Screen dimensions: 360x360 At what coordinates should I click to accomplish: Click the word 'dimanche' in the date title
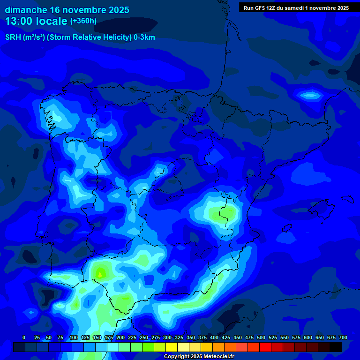click(x=25, y=10)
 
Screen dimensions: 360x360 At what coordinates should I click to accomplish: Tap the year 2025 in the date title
click(x=116, y=10)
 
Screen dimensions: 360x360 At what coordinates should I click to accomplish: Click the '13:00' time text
click(x=20, y=21)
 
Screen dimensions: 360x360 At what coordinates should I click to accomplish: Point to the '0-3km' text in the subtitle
click(x=144, y=37)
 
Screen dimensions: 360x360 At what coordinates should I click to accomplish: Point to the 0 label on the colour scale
click(x=24, y=337)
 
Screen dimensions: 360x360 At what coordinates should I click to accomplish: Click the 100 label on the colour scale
click(x=74, y=337)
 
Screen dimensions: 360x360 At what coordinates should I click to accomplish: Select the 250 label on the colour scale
click(x=144, y=337)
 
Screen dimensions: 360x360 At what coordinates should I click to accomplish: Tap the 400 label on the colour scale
click(x=214, y=337)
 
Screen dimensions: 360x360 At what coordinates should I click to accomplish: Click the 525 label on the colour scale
click(x=273, y=337)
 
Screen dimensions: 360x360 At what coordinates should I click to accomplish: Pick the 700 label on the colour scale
click(x=343, y=337)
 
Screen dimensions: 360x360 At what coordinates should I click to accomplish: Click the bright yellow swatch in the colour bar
click(x=172, y=347)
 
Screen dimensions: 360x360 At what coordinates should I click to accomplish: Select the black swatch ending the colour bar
click(x=336, y=347)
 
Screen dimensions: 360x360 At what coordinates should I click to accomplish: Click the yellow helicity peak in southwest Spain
click(x=99, y=272)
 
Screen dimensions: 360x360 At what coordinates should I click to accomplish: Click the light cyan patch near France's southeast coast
click(x=310, y=96)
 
